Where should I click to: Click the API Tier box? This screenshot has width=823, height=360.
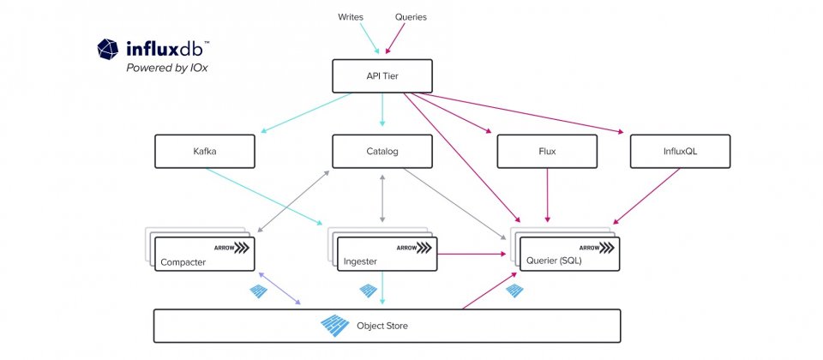(382, 76)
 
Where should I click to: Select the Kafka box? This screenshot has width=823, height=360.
(205, 151)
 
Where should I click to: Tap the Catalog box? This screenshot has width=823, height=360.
(382, 151)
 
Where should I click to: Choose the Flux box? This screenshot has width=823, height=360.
(547, 151)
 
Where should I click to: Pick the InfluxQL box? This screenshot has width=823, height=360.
(680, 151)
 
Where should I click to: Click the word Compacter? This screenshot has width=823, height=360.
(183, 262)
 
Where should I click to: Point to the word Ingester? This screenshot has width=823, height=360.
(361, 261)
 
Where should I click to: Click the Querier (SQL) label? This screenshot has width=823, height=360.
(554, 261)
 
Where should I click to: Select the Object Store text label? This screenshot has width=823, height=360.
(382, 326)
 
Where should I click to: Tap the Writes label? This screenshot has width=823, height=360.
(350, 17)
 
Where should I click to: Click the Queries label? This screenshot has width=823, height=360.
(411, 17)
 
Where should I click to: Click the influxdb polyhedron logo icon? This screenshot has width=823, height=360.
(108, 49)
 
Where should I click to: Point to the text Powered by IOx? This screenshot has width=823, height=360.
(167, 68)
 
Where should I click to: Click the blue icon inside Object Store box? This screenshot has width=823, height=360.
(335, 326)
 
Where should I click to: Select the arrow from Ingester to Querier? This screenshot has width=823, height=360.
(472, 254)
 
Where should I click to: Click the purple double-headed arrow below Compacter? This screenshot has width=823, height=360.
(279, 288)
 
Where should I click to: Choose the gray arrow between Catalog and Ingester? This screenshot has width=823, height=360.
(382, 197)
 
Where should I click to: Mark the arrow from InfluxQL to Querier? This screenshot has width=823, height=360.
(646, 196)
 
